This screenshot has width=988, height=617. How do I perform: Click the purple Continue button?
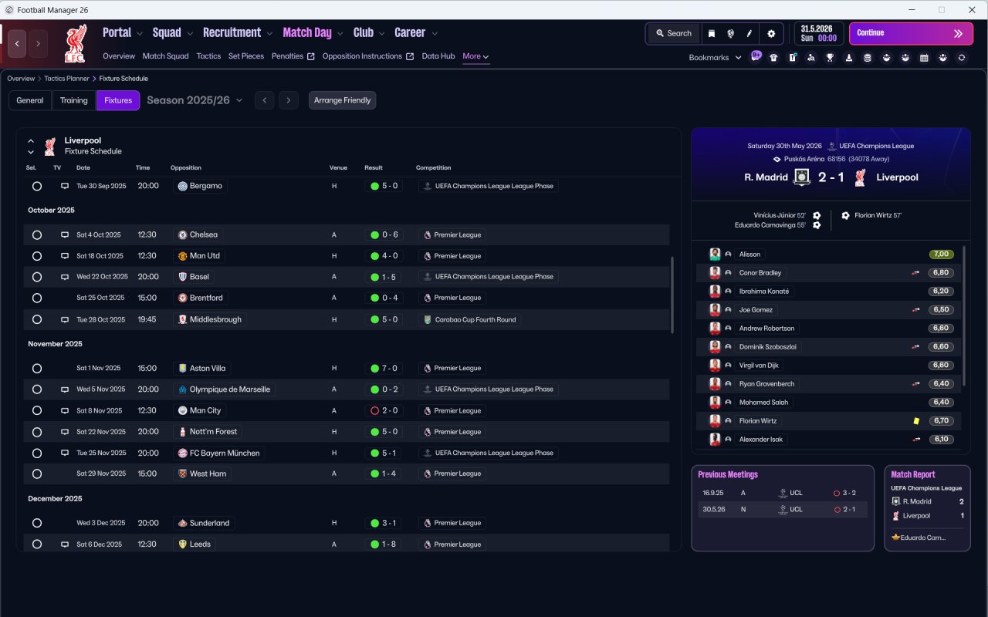911,33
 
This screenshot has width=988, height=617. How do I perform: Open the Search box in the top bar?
674,33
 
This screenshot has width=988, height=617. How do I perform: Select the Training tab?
73,100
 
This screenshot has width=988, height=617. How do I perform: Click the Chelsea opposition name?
203,235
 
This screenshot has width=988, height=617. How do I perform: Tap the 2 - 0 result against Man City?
390,411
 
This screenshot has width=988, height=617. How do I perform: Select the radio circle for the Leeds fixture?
37,545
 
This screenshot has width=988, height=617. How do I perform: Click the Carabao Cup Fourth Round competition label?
475,320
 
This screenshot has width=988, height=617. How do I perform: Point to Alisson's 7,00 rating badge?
941,255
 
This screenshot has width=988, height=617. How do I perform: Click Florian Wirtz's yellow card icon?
916,421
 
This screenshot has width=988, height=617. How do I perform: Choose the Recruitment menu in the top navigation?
232,32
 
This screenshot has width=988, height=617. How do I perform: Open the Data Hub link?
438,56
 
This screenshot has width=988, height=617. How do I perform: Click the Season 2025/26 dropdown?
195,100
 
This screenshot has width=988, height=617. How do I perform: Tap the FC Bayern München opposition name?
225,453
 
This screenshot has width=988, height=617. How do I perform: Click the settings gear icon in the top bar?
771,33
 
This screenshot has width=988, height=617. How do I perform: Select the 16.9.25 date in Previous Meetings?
712,493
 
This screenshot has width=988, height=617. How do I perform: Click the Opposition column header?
186,168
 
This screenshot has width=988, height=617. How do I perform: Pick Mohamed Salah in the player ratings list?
763,403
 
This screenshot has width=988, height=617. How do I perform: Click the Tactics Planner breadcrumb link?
66,79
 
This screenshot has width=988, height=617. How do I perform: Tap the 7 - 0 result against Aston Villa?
390,369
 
